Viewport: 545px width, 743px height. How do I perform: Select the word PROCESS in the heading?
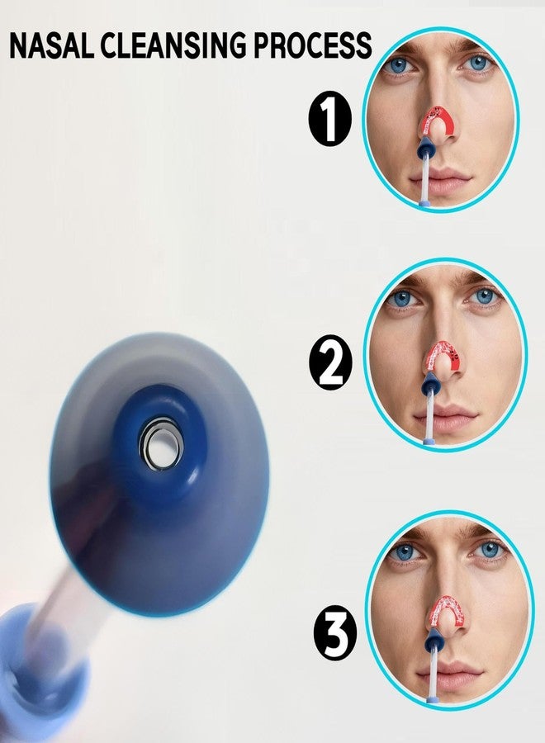pos(312,46)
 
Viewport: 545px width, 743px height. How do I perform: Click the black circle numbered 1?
pos(329,118)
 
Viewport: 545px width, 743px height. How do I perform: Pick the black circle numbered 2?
pos(331,362)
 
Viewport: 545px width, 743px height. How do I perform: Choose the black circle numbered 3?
pos(335,632)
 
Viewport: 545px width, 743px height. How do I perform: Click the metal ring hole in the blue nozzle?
pos(161,444)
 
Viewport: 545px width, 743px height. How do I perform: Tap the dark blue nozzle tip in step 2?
pos(431,383)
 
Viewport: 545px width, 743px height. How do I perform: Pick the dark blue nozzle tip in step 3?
pos(435,641)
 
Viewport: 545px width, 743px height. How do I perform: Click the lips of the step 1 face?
pos(440,182)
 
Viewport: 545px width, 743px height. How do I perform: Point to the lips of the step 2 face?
pos(445,417)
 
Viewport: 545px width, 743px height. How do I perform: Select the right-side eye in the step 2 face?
pos(483,296)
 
